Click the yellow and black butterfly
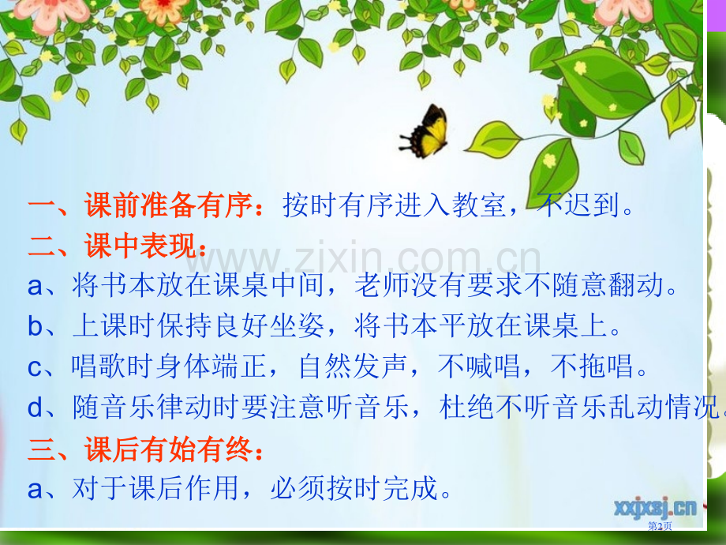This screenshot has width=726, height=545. tap(425, 131)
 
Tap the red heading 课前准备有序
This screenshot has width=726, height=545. tap(169, 205)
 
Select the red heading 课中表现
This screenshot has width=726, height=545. tap(140, 245)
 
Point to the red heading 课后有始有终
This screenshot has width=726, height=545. tap(169, 449)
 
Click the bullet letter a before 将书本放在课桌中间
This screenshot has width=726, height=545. tap(36, 287)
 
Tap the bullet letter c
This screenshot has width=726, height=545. tap(36, 368)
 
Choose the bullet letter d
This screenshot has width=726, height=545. tap(36, 407)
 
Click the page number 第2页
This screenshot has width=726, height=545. tap(660, 526)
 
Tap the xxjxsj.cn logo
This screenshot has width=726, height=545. tap(655, 508)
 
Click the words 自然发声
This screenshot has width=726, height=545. tap(354, 366)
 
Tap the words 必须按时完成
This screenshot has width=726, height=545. tap(354, 488)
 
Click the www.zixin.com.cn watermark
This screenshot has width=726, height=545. tap(363, 257)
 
